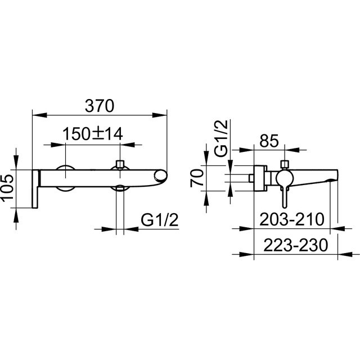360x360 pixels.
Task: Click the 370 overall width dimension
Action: click(x=100, y=105)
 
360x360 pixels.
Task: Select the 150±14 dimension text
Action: click(x=93, y=134)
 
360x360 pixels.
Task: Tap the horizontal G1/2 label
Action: click(x=159, y=219)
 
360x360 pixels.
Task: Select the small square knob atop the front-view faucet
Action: click(x=119, y=165)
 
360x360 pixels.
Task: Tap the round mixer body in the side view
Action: click(x=283, y=177)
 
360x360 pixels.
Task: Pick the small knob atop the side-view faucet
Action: click(x=285, y=164)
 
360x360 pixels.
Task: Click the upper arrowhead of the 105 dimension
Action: click(x=17, y=163)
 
